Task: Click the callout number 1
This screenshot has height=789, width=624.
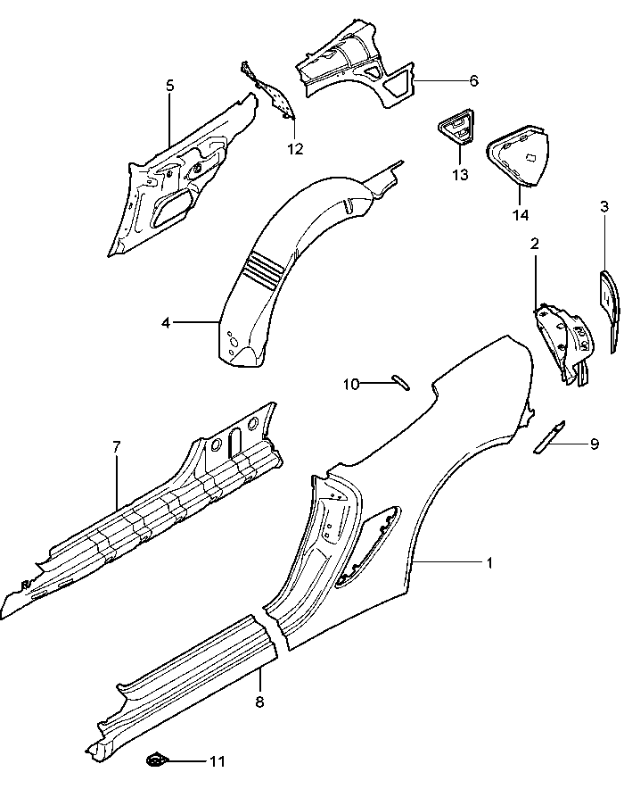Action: (489, 562)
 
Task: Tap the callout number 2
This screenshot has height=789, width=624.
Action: (535, 244)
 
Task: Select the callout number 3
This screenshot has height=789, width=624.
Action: (604, 206)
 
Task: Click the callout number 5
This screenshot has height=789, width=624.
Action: (169, 86)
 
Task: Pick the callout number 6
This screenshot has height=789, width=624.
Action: (473, 80)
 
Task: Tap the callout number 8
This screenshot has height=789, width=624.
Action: (259, 702)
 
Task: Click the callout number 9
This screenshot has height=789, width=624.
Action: (594, 444)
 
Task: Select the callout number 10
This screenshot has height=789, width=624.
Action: (351, 384)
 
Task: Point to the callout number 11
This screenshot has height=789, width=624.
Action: (217, 761)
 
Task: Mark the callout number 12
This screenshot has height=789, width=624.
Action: (295, 148)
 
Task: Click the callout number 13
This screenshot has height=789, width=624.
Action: (459, 175)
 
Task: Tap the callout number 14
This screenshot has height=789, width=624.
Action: (521, 215)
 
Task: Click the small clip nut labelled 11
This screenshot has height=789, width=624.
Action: (156, 761)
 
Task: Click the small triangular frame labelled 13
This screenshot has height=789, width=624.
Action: (457, 126)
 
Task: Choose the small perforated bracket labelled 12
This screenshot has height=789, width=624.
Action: (272, 89)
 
